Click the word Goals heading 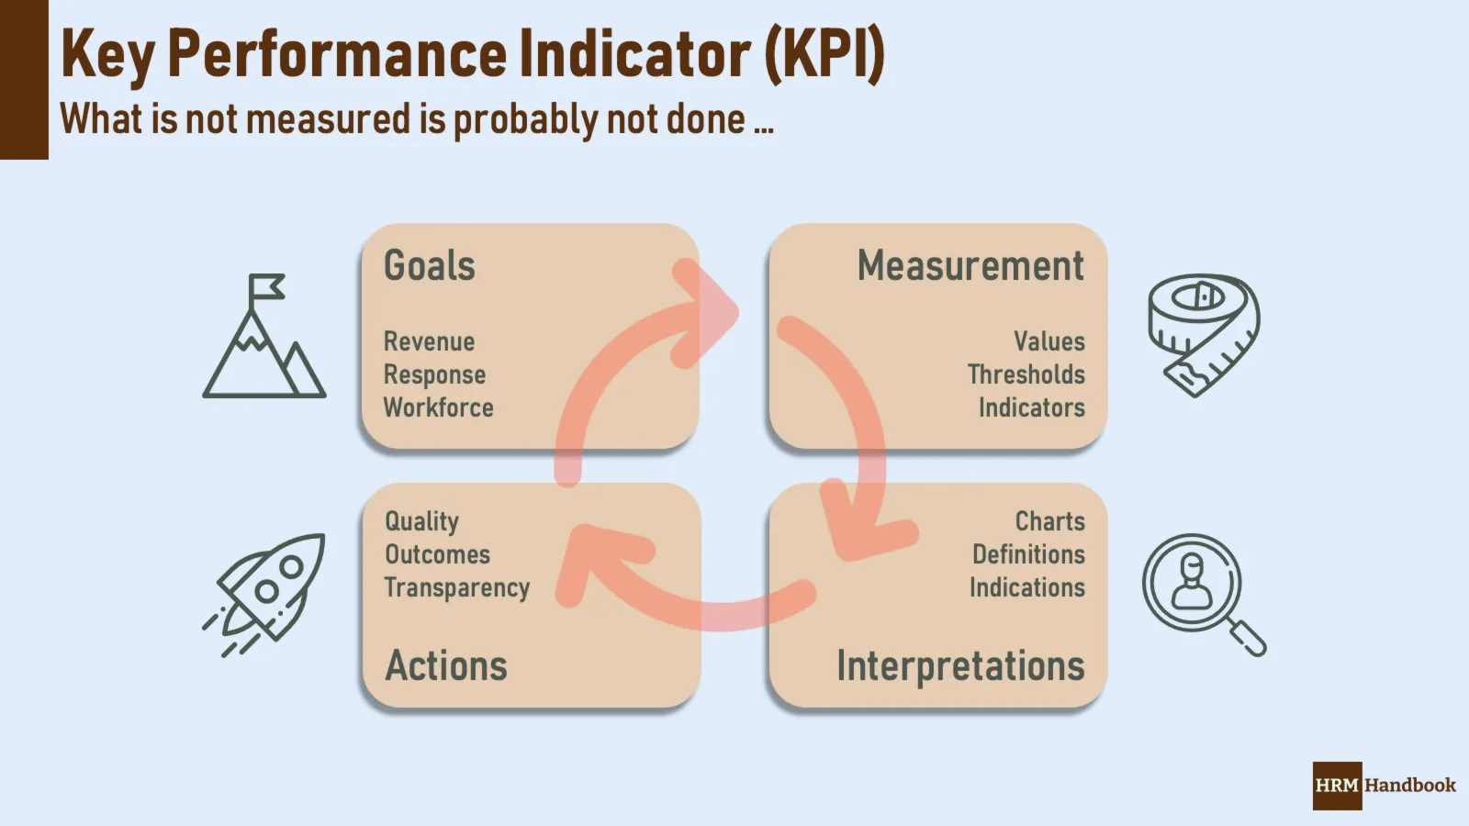tap(430, 265)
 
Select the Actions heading tap(446, 665)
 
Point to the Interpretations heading tap(960, 666)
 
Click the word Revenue tap(429, 341)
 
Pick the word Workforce tap(438, 407)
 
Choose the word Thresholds tap(1026, 374)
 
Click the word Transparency tap(457, 588)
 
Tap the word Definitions tap(1028, 554)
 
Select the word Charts tap(1050, 521)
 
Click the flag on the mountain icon tap(266, 286)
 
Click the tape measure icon tap(1204, 335)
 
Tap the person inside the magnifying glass tap(1193, 582)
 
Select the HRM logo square tap(1337, 786)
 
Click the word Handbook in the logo tap(1410, 786)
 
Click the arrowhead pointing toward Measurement tap(705, 313)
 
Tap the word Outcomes tap(437, 554)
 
